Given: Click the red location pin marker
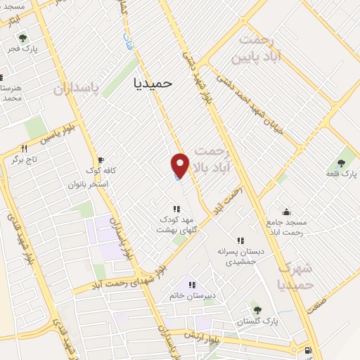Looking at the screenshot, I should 181,165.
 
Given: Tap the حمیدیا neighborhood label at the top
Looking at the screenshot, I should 153,82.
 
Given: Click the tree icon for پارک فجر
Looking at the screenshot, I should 23,38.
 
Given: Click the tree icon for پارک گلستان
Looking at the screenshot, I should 256,309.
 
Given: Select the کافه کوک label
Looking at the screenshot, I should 100,171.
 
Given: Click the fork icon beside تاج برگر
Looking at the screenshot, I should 24,149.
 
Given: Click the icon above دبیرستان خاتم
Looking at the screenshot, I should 190,285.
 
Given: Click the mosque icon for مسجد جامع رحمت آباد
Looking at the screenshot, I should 286,211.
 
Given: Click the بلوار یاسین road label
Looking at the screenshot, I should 58,135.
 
